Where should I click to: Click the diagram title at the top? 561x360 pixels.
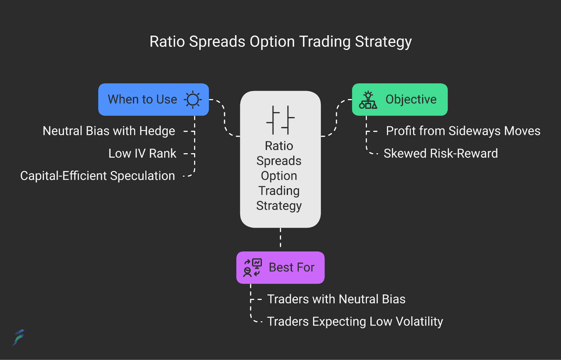tap(280, 42)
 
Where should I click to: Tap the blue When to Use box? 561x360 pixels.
tap(154, 100)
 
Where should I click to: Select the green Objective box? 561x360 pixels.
tap(400, 100)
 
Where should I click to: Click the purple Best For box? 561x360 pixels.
tap(280, 267)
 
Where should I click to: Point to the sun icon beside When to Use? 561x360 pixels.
tap(192, 100)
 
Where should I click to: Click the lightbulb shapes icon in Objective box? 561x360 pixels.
tap(368, 100)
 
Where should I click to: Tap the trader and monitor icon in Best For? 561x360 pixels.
tap(252, 268)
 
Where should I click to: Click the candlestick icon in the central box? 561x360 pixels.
tap(280, 120)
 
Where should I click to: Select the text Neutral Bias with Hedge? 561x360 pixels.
tap(109, 131)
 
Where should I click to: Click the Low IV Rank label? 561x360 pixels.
tap(142, 153)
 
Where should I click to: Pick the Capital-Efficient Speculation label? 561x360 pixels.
tap(97, 176)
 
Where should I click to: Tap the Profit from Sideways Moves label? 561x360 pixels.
tap(463, 131)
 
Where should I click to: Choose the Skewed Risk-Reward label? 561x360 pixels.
tap(441, 153)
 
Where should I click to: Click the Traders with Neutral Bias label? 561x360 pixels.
tap(336, 299)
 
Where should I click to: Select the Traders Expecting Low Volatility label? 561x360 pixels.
tap(355, 322)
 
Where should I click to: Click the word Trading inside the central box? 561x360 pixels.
tap(279, 191)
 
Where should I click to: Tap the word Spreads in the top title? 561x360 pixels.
tap(217, 42)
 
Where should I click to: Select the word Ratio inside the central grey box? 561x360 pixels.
tap(279, 146)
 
